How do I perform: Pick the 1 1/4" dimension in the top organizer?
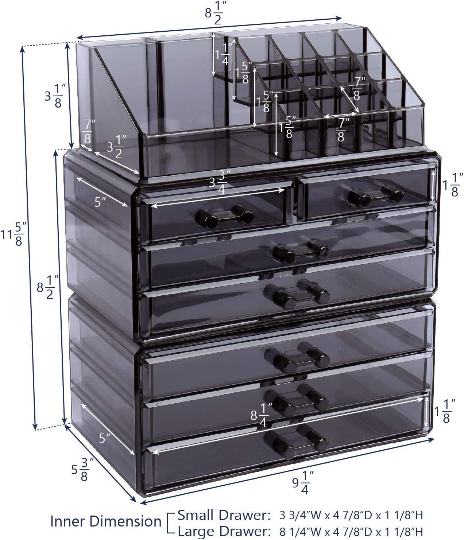pos(222,54)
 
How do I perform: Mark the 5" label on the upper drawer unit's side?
pos(100,202)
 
